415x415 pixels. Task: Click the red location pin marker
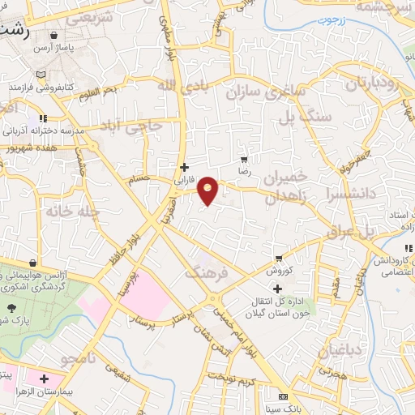(x=208, y=190)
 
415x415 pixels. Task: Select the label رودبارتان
(x=374, y=83)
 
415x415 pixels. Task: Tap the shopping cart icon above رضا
(x=243, y=160)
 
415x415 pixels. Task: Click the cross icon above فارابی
(x=184, y=168)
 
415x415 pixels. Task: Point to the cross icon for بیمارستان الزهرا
(x=43, y=379)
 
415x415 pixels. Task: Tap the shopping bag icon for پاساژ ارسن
(x=53, y=36)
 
